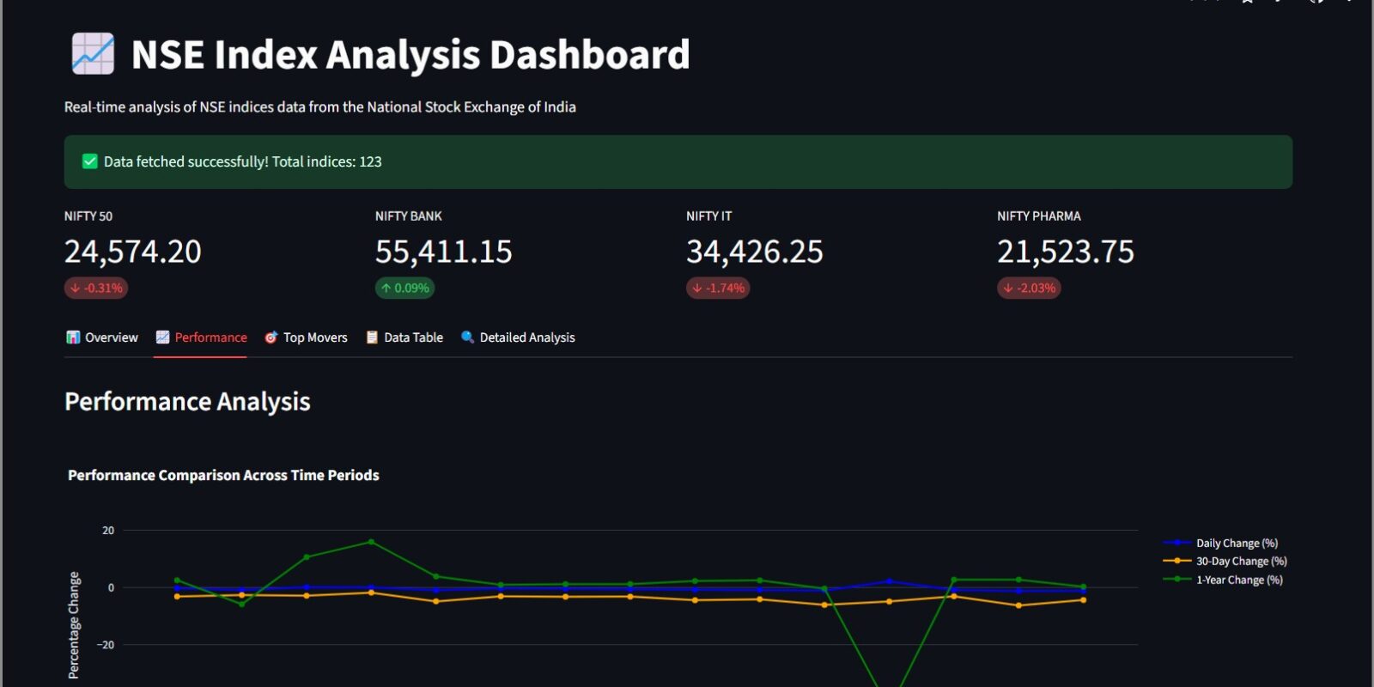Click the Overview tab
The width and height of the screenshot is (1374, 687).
[x=102, y=337]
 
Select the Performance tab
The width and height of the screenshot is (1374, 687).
[x=201, y=337]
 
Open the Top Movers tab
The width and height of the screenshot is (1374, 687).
[x=306, y=337]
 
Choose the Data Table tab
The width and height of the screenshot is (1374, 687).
[x=404, y=337]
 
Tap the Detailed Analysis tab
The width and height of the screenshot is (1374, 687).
[x=518, y=337]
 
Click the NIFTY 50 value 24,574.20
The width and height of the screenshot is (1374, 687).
[x=133, y=252]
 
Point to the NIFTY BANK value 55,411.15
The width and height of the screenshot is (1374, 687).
[x=443, y=252]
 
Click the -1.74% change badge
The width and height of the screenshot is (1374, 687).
[x=718, y=289]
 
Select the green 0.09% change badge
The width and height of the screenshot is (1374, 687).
[x=404, y=289]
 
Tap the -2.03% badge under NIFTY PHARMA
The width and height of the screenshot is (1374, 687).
[x=1029, y=289]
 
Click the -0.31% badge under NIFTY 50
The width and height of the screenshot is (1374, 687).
[x=96, y=289]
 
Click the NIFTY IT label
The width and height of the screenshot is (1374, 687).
[x=708, y=216]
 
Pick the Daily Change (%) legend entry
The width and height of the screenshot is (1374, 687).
[x=1236, y=543]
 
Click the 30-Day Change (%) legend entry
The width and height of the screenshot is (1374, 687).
[x=1241, y=561]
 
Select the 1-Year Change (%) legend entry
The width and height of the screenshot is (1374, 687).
[x=1238, y=580]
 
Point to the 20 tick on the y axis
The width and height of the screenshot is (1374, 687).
[x=108, y=531]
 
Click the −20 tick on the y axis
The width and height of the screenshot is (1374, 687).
[x=106, y=645]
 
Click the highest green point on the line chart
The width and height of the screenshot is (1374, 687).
[x=371, y=542]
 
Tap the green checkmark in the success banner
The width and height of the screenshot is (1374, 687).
[x=89, y=161]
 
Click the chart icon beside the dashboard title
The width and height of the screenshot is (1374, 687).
[x=93, y=54]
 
